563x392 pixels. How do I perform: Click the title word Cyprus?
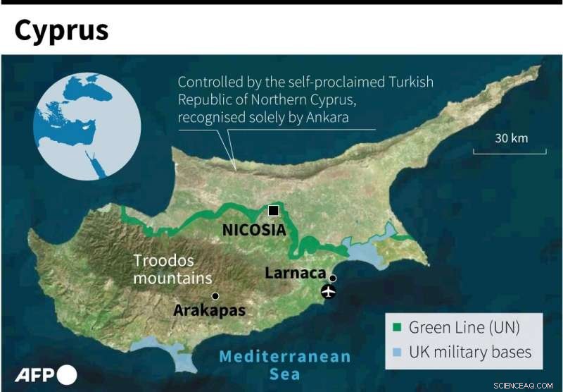pos(62,30)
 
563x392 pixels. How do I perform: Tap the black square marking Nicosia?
pos(273,211)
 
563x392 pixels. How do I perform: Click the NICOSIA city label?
pos(254,230)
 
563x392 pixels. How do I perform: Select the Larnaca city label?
pos(296,273)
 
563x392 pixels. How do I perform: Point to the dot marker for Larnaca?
pos(333,278)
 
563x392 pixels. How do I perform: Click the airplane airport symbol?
pos(328,291)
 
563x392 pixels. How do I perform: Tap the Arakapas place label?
pos(210,310)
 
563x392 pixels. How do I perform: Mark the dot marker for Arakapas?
pos(215,296)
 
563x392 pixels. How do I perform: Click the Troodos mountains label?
pos(172,269)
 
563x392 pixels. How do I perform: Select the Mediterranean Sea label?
pos(284,365)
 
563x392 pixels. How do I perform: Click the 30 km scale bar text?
pos(511,138)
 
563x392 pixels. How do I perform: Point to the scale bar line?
pos(510,152)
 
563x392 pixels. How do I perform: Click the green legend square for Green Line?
pos(396,328)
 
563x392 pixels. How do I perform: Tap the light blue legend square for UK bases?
pos(396,352)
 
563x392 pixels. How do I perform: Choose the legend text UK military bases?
pos(470,352)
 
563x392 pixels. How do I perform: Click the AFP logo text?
pos(35,375)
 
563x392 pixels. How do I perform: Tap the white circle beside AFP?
pos(68,375)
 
